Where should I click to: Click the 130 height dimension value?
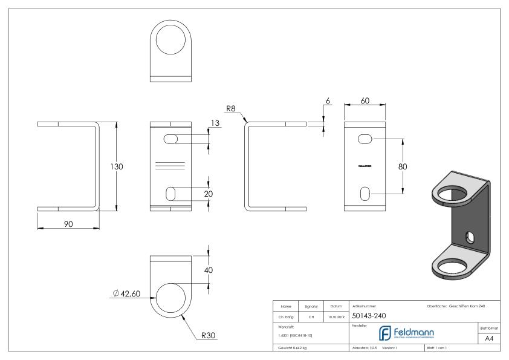pyautogui.click(x=117, y=166)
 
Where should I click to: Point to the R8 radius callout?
pyautogui.click(x=230, y=109)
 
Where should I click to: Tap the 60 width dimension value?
pyautogui.click(x=365, y=102)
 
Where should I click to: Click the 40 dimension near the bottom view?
pyautogui.click(x=209, y=270)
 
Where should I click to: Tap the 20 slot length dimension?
pyautogui.click(x=209, y=194)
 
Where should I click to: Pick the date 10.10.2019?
pyautogui.click(x=336, y=316)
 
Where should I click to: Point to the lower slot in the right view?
pyautogui.click(x=365, y=194)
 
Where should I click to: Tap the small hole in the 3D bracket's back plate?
pyautogui.click(x=470, y=236)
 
